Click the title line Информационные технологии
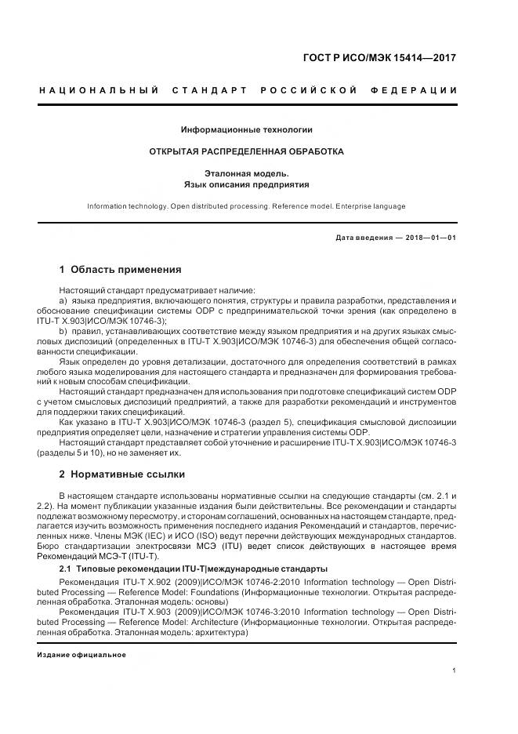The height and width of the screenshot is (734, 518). pos(247,129)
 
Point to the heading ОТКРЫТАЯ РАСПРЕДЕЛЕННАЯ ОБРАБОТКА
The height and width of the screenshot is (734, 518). pos(247,151)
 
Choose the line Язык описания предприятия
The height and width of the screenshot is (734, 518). pos(247,185)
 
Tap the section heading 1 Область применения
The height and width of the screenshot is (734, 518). pos(120,270)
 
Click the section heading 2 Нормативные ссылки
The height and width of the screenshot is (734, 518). pos(124,474)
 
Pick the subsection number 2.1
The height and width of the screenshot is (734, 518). pos(66,569)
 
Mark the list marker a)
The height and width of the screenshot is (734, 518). pos(63,301)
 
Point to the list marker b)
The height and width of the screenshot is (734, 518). pos(63,332)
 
